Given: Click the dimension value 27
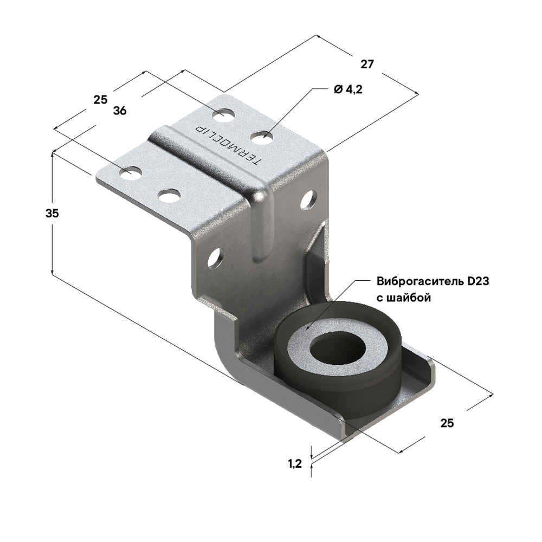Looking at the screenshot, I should pos(367,64).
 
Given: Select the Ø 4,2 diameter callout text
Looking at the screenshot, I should pos(347,90).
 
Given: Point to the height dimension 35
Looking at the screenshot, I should pos(52,213).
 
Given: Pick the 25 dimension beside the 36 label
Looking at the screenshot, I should pos(100,100).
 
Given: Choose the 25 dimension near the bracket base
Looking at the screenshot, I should pos(447,423).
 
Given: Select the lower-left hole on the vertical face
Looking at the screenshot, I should pos(215,257).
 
